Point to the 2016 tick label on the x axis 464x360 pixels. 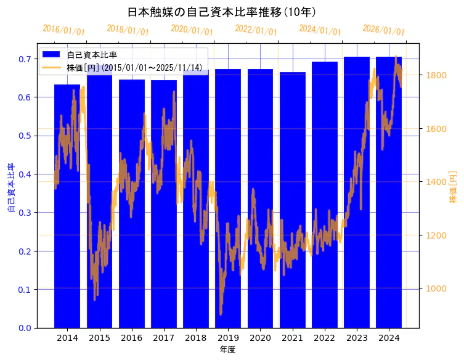pos(131,338)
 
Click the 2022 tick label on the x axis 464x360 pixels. pos(324,338)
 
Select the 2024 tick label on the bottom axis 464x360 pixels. pos(389,338)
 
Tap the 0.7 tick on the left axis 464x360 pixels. pos(25,59)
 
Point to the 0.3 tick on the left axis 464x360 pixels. pos(25,213)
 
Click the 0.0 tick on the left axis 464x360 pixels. pos(25,328)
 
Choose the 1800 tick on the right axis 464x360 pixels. pos(435,75)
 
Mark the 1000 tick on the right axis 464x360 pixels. pos(435,288)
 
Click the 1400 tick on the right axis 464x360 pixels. pos(435,182)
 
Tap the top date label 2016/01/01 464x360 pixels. pos(64,30)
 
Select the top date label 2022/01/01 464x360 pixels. pos(256,30)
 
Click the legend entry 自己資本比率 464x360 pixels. pos(92,55)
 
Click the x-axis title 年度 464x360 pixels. pos(227,350)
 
